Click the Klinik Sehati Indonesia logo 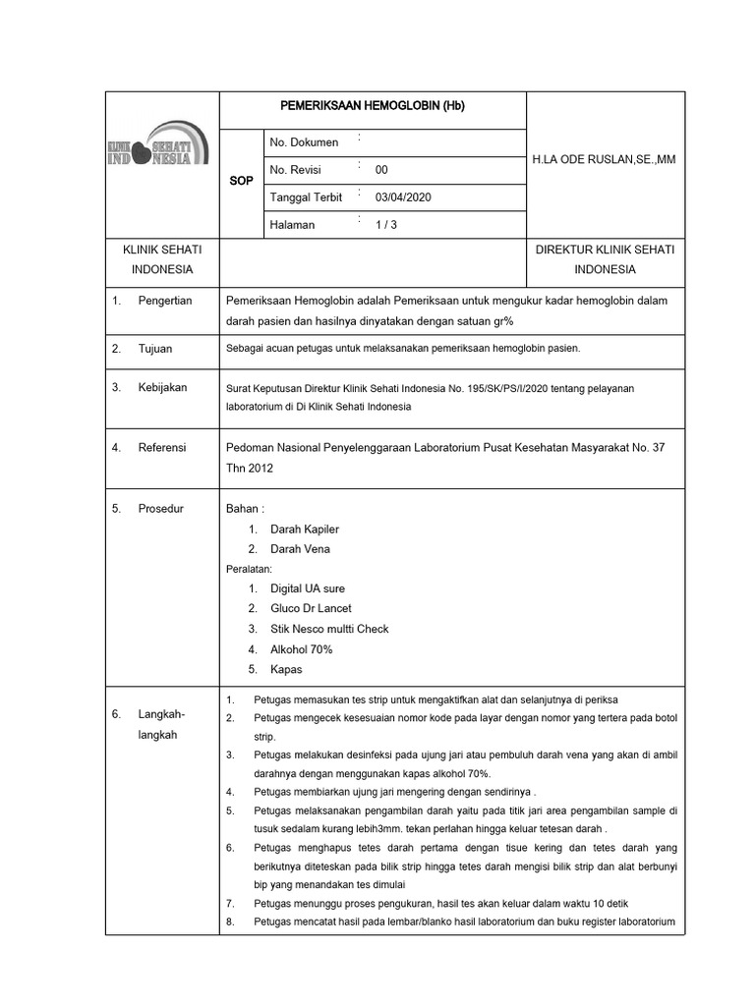[157, 149]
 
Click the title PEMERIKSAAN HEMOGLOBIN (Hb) [373, 106]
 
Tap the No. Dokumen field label [304, 142]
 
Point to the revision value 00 [382, 170]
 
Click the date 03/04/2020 [403, 197]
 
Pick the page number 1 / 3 [387, 225]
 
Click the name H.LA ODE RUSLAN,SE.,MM [605, 159]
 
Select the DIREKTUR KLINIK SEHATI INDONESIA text [605, 259]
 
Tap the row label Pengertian [165, 301]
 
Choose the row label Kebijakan [163, 388]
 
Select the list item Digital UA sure [308, 589]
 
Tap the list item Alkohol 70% [302, 649]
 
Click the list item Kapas [286, 670]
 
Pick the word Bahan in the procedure [245, 509]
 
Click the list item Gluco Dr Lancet [311, 609]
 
